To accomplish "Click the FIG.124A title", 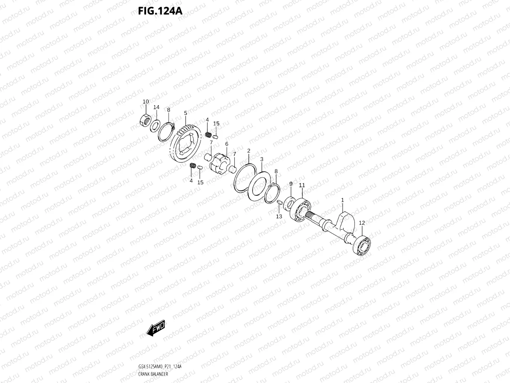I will click(x=160, y=11).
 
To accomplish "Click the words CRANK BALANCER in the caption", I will click(x=153, y=374).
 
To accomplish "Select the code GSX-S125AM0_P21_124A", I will click(x=160, y=367).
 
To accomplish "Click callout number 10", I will click(x=146, y=102).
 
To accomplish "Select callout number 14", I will click(x=156, y=107).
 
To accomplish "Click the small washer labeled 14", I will click(x=155, y=126).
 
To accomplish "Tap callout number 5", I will click(x=185, y=113).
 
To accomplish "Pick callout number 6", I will click(x=226, y=144).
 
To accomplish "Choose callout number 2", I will click(x=248, y=151).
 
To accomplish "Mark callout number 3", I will click(x=262, y=159).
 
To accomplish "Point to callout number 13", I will click(x=279, y=217).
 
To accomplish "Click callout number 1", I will click(x=342, y=200).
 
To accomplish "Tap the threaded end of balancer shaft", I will click(x=310, y=215).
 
